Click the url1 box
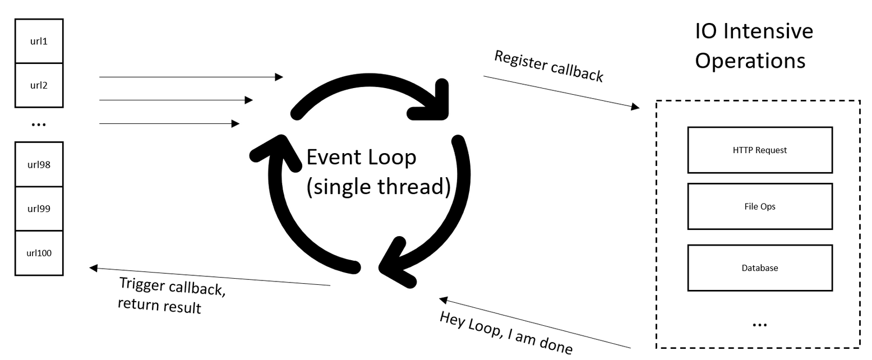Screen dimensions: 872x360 pos(39,41)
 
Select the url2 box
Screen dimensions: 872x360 pos(39,85)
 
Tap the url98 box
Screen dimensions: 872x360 pos(39,164)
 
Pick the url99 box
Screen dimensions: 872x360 pos(39,209)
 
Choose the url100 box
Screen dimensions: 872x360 pos(39,253)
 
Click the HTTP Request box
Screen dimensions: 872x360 pos(760,150)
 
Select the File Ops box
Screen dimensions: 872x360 pos(760,206)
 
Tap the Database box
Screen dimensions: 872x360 pos(760,268)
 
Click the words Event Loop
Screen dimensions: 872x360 pos(361,157)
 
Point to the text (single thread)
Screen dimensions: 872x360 pos(379,186)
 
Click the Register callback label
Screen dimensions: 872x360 pos(548,67)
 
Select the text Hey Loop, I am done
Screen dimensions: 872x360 pos(506,333)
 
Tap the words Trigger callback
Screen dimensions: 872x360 pos(173,287)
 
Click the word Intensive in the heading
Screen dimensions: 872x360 pos(768,31)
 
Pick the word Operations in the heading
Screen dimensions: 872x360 pos(750,61)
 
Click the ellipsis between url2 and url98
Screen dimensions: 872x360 pos(39,124)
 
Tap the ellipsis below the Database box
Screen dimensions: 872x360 pos(759,325)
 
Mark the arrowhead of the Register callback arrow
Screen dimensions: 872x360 pos(635,106)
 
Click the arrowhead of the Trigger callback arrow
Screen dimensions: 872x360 pos(94,268)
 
